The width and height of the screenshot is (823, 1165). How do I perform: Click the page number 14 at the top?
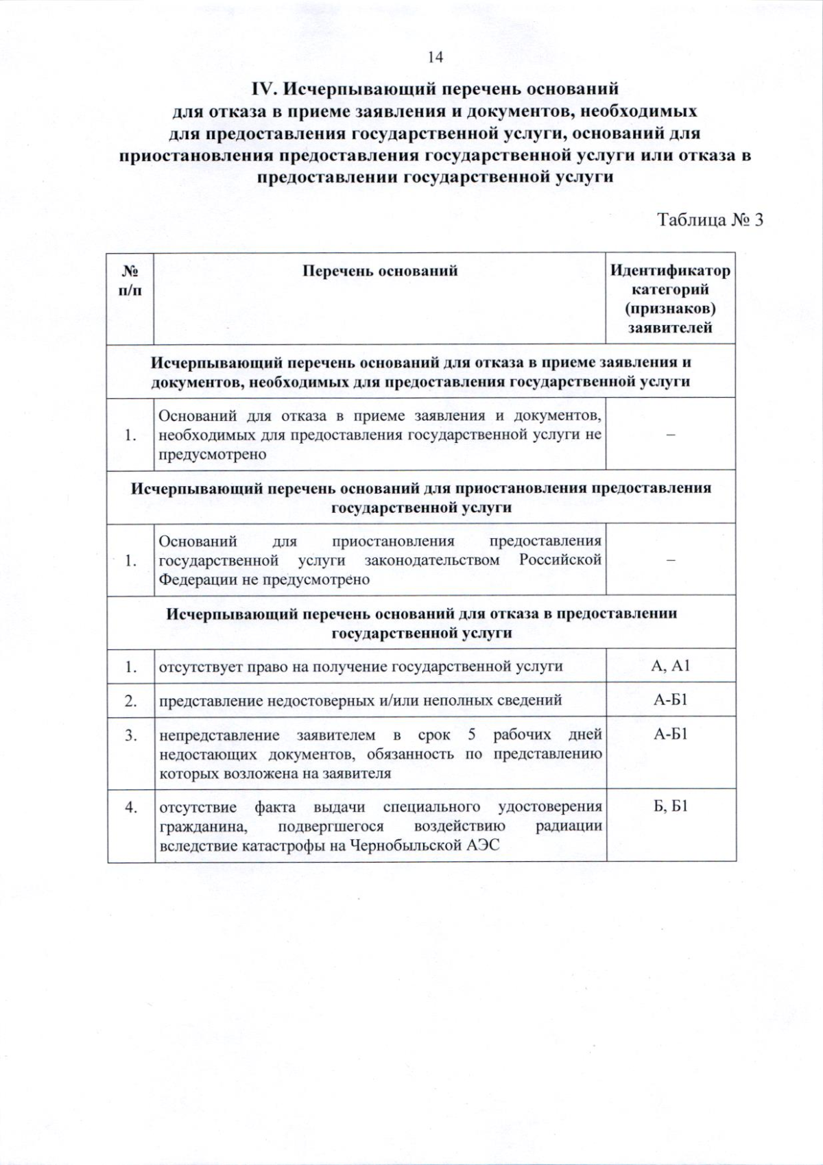tap(436, 58)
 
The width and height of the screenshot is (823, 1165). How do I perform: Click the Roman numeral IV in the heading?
tap(264, 89)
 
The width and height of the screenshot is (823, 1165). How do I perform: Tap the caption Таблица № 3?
tap(710, 220)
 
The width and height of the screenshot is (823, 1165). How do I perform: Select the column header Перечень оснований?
tap(380, 271)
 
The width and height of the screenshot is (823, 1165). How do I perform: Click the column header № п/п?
tap(130, 280)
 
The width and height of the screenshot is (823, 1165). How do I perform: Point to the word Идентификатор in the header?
tap(670, 271)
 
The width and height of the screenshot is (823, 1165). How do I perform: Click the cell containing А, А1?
tap(670, 666)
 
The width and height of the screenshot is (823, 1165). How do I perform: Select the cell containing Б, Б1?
tap(670, 806)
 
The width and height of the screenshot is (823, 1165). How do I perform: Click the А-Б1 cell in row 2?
tap(670, 700)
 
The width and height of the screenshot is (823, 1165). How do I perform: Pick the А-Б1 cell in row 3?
tap(670, 735)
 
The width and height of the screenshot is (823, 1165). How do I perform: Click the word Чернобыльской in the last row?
tap(406, 845)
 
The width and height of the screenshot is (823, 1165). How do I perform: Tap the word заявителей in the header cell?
tap(670, 328)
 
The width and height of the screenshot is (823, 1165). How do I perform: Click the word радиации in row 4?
tap(569, 826)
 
